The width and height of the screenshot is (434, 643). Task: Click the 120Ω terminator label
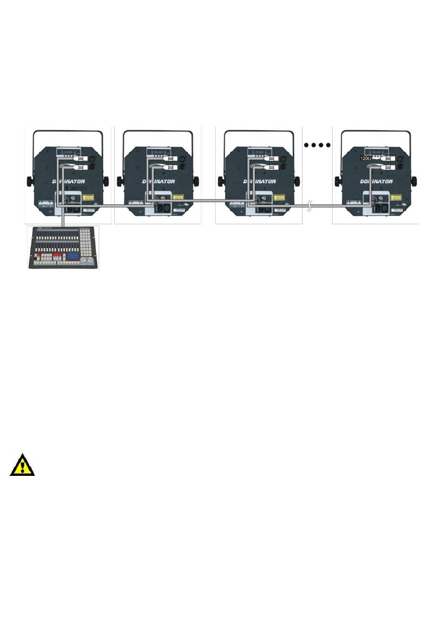[365, 158]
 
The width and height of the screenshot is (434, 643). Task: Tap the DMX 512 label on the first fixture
[79, 188]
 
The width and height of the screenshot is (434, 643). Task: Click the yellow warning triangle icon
[22, 465]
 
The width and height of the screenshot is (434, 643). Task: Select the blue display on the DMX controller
[73, 257]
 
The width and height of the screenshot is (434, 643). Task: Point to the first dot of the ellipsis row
[307, 145]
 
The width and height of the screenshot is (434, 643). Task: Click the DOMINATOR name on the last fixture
[376, 181]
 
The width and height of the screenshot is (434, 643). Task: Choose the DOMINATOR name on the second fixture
[159, 181]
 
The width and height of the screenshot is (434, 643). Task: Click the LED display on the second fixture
[159, 152]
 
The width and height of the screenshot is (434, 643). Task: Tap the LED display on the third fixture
[260, 152]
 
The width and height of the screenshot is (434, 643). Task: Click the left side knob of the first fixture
[30, 181]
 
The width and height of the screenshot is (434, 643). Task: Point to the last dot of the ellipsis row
[328, 145]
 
